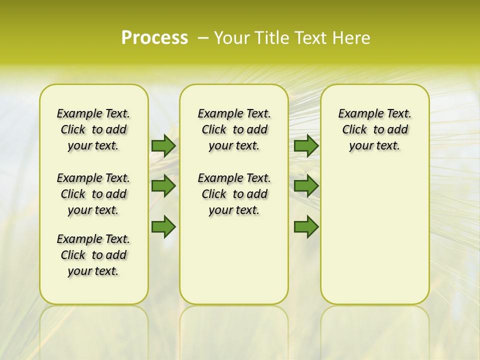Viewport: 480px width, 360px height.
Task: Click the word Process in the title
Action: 154,38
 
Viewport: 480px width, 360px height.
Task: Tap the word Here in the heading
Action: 352,38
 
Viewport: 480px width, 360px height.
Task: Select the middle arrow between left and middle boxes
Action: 163,186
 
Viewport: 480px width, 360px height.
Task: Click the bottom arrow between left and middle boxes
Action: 163,227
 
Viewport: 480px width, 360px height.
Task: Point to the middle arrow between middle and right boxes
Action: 306,186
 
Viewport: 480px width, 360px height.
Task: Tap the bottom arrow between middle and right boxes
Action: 306,227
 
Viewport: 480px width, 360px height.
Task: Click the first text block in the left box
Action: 93,129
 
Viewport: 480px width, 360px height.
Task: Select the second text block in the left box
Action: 93,194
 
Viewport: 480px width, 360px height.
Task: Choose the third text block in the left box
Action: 93,255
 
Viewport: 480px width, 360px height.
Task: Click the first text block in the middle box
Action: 234,129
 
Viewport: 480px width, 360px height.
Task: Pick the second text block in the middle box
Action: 234,194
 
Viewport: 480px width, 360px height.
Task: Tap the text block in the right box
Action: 374,129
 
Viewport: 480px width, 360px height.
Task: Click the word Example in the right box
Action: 357,114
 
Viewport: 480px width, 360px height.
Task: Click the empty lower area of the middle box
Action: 234,260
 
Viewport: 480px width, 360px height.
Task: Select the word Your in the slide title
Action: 231,38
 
